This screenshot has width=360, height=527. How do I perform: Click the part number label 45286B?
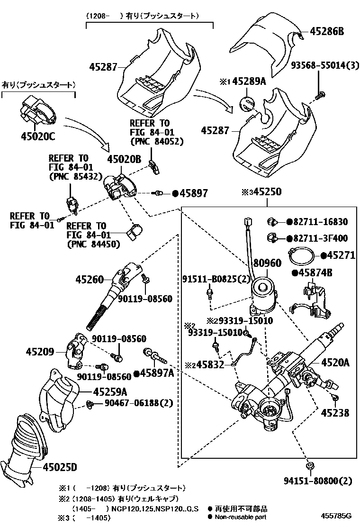tap(327, 32)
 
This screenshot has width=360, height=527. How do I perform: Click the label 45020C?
tap(38, 136)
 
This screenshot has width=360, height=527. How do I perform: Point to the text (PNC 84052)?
tap(156, 141)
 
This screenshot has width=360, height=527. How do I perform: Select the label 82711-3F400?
tap(320, 238)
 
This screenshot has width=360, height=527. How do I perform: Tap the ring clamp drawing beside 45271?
tap(301, 256)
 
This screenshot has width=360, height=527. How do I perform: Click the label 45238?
tap(335, 413)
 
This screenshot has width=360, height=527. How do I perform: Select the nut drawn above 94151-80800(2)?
tap(310, 467)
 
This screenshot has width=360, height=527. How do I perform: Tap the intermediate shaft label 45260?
tap(89, 280)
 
